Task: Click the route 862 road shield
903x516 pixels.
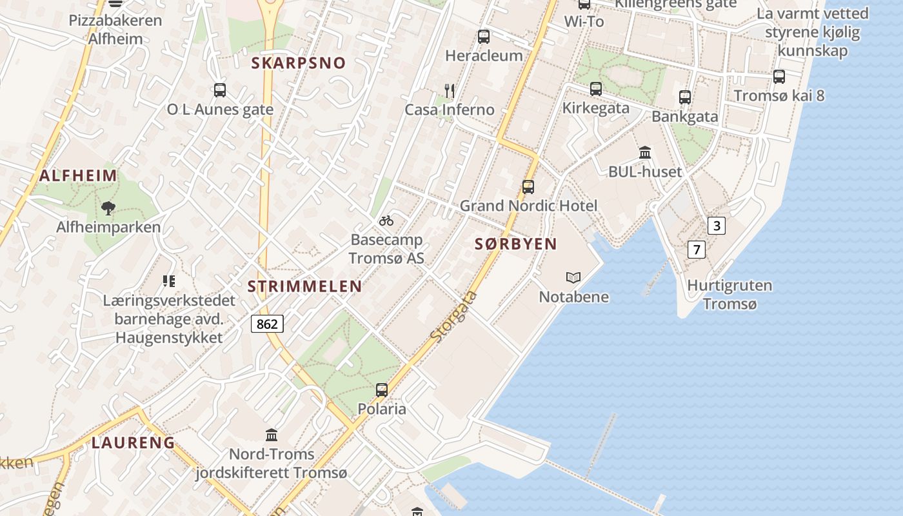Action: click(267, 324)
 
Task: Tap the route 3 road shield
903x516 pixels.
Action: click(717, 226)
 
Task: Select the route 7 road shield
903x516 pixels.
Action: click(696, 249)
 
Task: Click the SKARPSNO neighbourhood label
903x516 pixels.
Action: click(299, 63)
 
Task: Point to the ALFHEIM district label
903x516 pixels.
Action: click(78, 175)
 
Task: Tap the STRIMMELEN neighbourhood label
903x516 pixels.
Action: click(305, 286)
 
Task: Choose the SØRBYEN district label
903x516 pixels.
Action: click(515, 244)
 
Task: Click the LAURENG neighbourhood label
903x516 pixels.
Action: click(133, 442)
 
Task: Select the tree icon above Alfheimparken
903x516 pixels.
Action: click(108, 208)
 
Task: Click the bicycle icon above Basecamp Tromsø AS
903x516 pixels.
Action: click(386, 221)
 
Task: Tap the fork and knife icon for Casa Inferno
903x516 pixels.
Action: click(450, 90)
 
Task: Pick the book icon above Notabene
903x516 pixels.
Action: click(573, 278)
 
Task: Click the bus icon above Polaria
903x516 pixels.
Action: click(382, 390)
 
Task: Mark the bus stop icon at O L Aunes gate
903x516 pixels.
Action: click(220, 90)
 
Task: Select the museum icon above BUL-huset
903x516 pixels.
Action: click(645, 153)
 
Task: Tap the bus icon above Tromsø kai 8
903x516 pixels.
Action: click(779, 77)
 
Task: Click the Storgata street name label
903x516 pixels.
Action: click(454, 316)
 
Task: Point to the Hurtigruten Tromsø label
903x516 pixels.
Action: click(729, 294)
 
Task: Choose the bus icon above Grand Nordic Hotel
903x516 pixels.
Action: click(528, 187)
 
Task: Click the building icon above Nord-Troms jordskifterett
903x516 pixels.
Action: click(272, 435)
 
